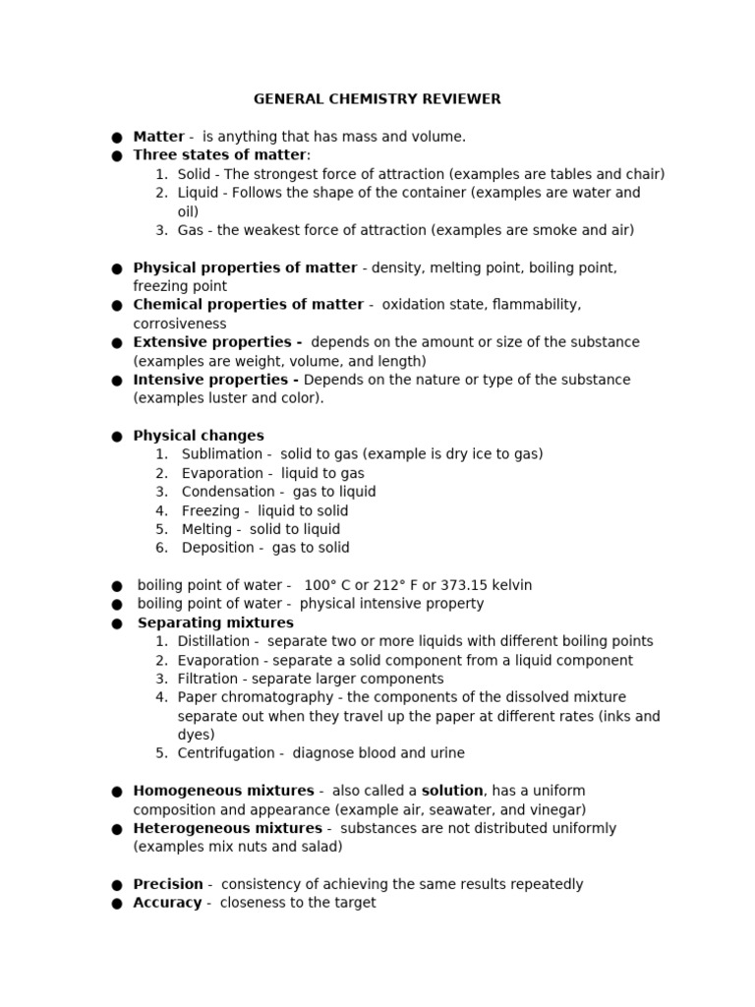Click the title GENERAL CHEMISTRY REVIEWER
pos(377,99)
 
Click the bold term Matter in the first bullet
pos(158,137)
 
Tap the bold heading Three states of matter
pos(219,155)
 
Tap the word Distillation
pos(213,641)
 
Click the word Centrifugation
pos(226,753)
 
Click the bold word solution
pos(452,791)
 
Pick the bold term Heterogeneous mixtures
pos(227,828)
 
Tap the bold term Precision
pos(168,884)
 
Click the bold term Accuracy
pos(167,903)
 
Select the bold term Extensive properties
pos(216,342)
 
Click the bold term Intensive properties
pos(215,380)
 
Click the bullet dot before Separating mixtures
pos(117,623)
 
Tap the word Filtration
pos(207,679)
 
